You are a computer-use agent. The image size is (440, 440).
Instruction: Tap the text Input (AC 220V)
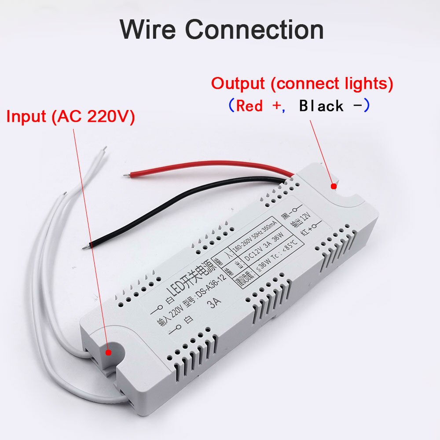pos(70,117)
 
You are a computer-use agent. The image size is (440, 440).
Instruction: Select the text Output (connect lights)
pos(302,84)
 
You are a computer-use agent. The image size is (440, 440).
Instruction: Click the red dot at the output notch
pos(334,186)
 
